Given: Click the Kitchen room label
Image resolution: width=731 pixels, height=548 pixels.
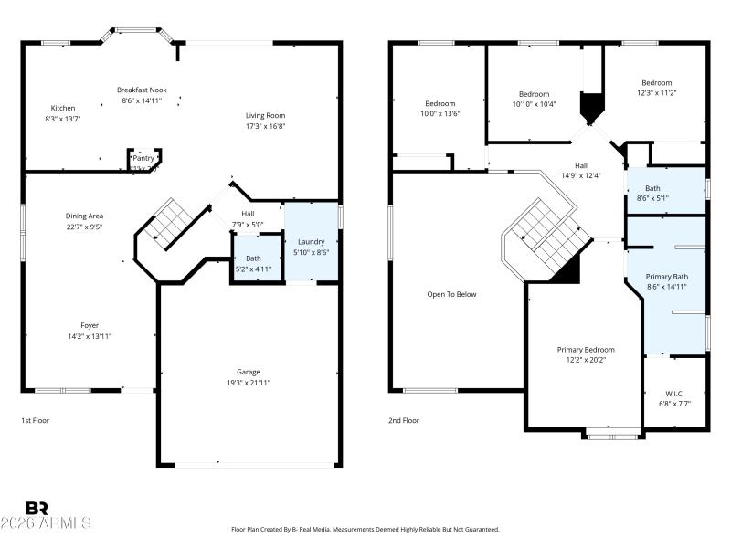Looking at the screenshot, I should (63, 109).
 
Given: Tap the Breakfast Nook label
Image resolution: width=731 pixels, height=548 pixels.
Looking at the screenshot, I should (141, 90).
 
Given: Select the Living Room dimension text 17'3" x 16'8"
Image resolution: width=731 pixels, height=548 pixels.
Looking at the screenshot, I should (265, 127).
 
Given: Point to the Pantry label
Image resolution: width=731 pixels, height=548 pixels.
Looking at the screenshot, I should (143, 158).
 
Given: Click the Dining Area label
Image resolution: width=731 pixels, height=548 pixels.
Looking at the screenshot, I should (84, 216).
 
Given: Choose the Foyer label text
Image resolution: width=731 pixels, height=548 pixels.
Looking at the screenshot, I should (90, 325).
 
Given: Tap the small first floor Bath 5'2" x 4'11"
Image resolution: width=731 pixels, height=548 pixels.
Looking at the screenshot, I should (253, 263).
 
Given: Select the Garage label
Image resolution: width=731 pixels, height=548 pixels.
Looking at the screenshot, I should (249, 372).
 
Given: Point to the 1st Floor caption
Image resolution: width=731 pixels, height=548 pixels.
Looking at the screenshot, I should (35, 420).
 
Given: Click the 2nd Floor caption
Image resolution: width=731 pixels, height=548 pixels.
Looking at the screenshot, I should (404, 420).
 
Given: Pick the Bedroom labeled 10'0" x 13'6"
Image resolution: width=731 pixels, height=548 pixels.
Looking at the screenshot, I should (440, 103).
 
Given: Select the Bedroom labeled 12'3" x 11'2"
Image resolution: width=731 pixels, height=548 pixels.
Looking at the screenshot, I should (656, 93).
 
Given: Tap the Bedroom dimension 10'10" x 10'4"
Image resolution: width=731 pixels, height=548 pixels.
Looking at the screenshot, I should (535, 104).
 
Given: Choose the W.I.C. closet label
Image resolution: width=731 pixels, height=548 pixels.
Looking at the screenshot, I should (674, 394).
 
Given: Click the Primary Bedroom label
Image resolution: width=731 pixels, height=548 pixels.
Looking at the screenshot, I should (586, 350).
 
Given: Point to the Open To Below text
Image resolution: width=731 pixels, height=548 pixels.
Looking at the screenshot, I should (451, 294).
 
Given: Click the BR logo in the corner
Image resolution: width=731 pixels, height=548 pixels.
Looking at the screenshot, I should (37, 508).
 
